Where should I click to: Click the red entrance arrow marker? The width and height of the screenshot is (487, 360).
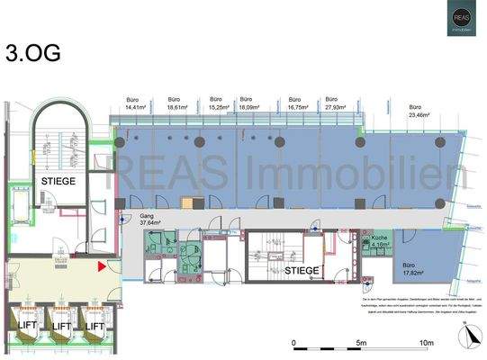tap(103, 265)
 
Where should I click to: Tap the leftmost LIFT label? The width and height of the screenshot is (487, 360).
tap(24, 326)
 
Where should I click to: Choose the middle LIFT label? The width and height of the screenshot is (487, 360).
tap(60, 326)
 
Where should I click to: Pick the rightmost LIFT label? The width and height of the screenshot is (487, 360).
tap(96, 326)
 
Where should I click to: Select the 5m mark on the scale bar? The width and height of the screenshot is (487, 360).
tap(360, 344)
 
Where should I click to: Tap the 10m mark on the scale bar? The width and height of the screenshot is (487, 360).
tap(425, 344)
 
